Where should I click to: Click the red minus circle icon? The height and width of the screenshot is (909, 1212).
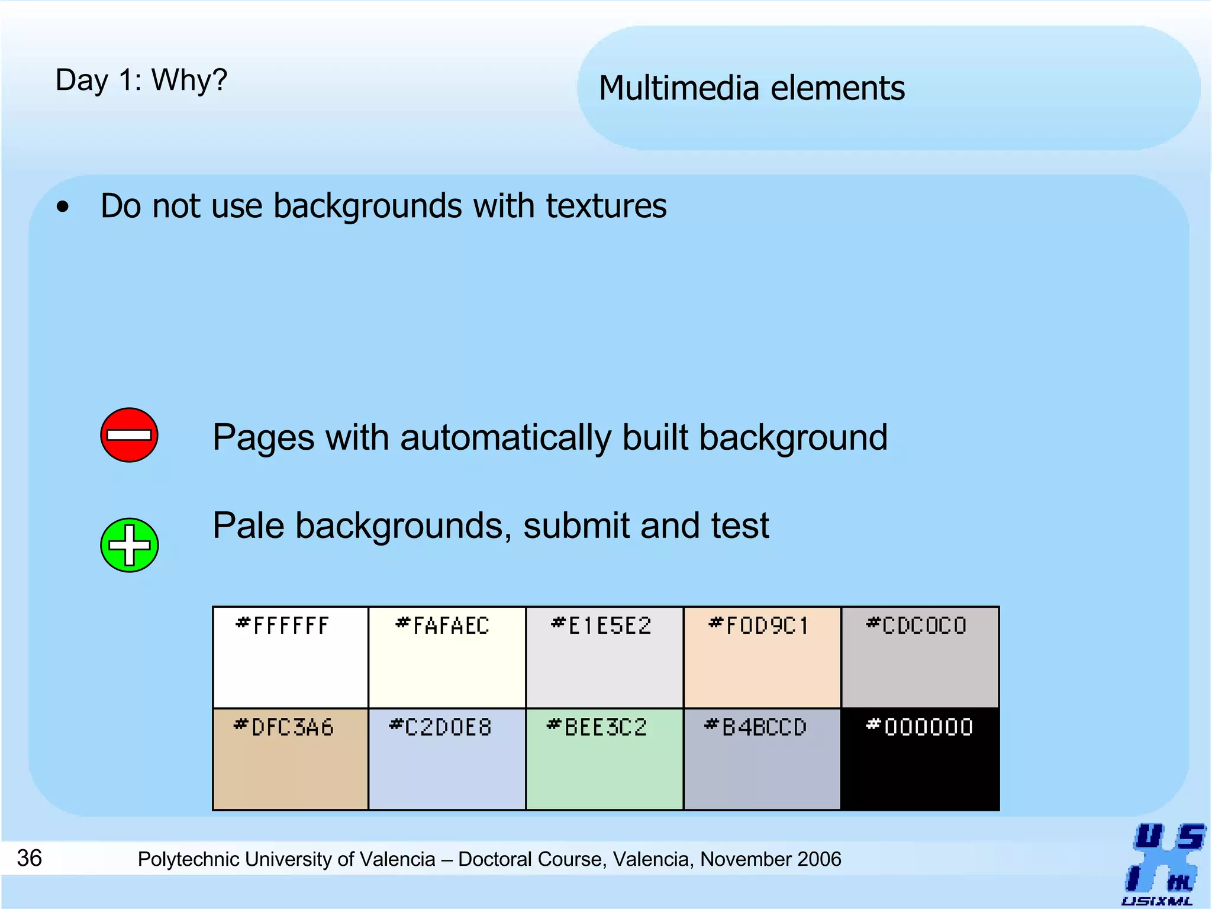(129, 435)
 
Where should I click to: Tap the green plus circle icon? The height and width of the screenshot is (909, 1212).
(129, 545)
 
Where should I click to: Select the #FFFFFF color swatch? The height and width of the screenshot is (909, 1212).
(291, 657)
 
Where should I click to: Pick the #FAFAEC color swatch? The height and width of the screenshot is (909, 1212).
(447, 657)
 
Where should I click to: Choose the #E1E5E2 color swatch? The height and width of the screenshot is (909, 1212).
(604, 657)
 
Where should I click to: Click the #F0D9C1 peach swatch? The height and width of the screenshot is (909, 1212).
(762, 657)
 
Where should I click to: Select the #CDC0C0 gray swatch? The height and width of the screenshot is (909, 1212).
(920, 657)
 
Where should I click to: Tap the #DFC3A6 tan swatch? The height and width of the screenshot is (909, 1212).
(291, 759)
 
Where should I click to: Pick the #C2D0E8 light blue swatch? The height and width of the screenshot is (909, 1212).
(447, 759)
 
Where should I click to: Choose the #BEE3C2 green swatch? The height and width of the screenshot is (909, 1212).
(604, 759)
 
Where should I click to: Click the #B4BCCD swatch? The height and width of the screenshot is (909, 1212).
(762, 759)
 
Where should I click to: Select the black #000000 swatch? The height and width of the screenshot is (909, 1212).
(920, 759)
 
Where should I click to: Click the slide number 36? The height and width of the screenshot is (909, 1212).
(30, 858)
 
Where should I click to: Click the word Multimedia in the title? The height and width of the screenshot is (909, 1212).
(679, 88)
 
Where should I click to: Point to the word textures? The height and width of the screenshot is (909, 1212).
(606, 206)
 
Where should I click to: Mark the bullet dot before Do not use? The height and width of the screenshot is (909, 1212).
(63, 208)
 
